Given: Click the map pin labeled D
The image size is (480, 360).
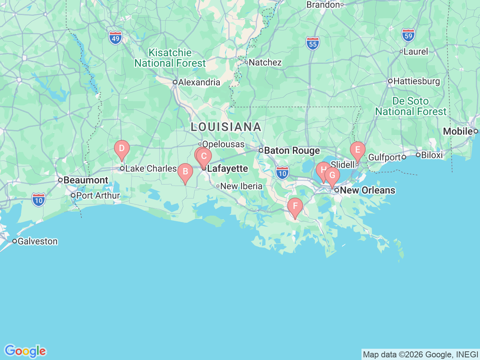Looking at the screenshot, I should pos(121,148).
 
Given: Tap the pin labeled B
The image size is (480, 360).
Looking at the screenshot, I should pos(185,172).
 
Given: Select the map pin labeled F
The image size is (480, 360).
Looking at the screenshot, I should pos(295,206).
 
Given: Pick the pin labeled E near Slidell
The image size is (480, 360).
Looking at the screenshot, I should pos(357,150).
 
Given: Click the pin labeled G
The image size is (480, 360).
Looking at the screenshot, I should pos(332,176).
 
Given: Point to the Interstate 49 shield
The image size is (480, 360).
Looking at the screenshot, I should pos(115,38).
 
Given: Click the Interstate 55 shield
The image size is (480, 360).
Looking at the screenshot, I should pos(313,44).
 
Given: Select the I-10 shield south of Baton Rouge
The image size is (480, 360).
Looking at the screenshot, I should pos(282,173).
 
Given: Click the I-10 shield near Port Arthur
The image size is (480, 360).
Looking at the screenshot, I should pos(39,200).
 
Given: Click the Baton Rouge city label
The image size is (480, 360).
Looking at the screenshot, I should pos(292,151).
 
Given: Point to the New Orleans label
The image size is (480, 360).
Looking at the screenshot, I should pos(367,190).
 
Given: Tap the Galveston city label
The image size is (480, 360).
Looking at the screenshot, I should pos(37,241).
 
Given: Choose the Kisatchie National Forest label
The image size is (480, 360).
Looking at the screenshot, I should pos(170,58).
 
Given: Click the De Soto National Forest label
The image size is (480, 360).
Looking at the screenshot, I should pos(411,106).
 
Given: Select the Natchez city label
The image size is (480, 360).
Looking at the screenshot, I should pos(265,63).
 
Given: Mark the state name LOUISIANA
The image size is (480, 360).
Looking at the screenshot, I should pos(226,127).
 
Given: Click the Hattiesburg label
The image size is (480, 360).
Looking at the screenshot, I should pos(416,81).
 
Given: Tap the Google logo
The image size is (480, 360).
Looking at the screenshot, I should pos(25,351).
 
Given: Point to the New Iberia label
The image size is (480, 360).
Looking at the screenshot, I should pos(241,186).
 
